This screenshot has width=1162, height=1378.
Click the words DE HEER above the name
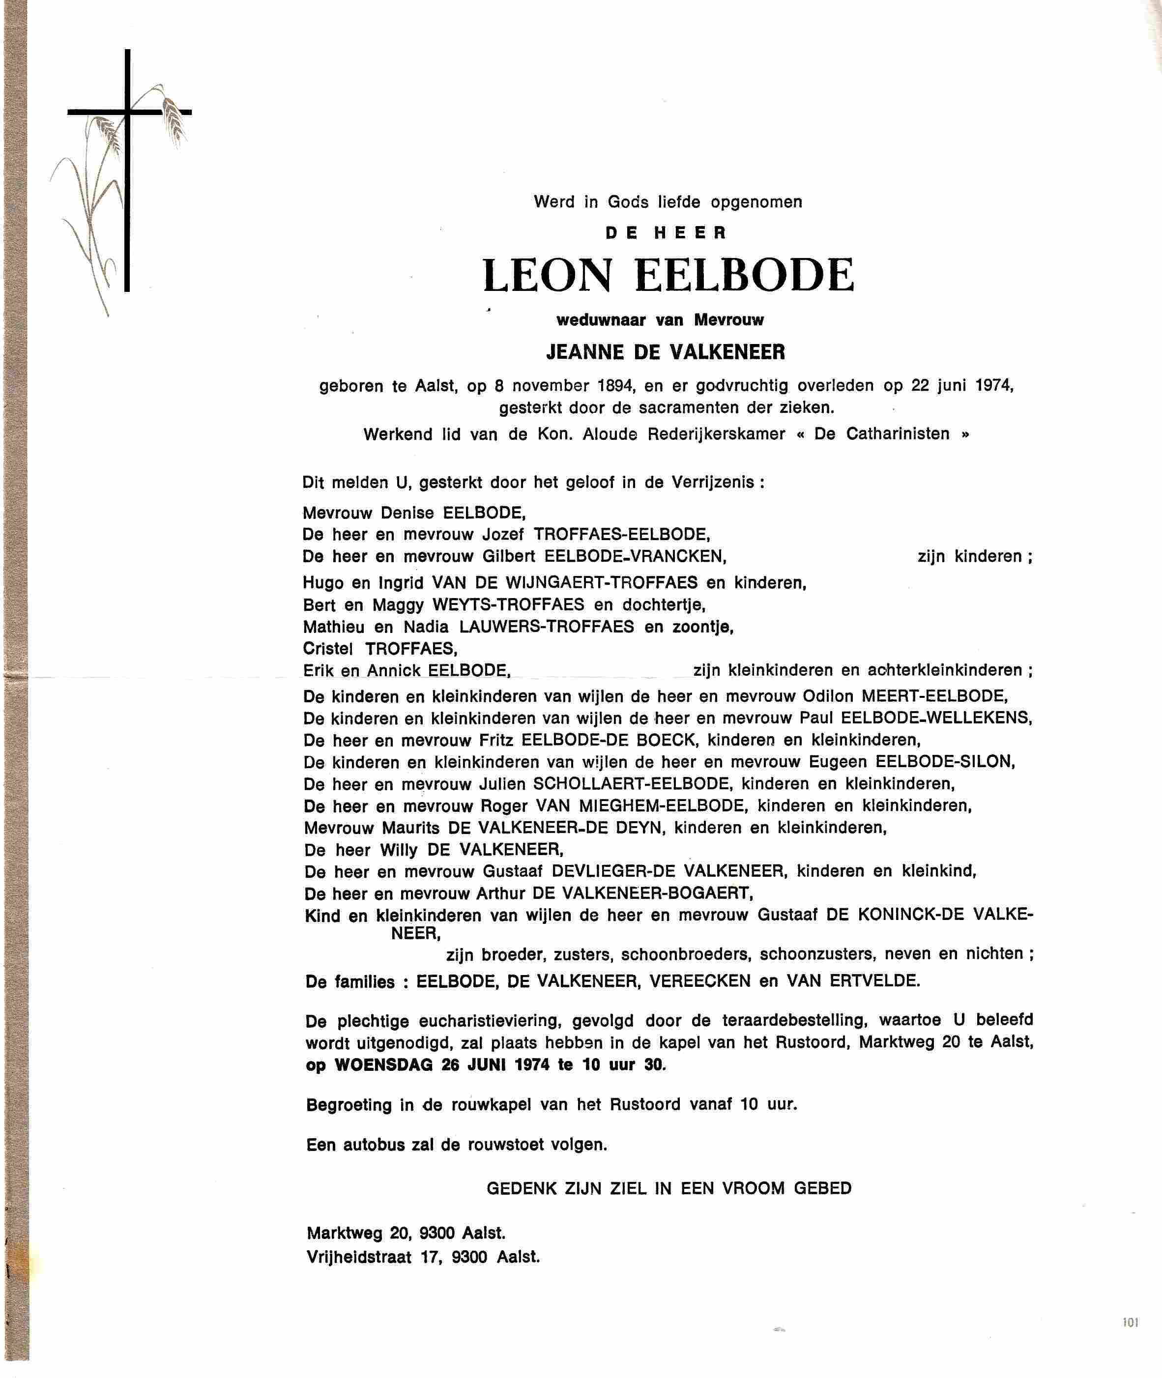point(666,232)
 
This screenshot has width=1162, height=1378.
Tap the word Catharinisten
point(897,434)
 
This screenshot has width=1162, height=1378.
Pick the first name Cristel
point(328,649)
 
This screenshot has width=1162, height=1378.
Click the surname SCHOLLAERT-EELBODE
point(631,784)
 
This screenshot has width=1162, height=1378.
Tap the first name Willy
point(399,850)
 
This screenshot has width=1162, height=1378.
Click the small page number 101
point(1131,1322)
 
